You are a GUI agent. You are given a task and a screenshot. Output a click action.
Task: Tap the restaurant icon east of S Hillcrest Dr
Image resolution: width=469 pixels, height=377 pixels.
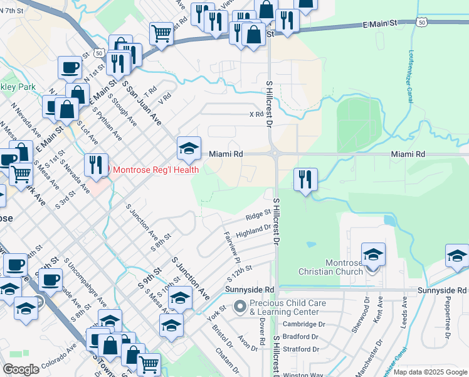click(305, 179)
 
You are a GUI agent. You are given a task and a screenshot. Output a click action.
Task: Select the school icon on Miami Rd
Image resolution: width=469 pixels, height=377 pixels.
click(189, 149)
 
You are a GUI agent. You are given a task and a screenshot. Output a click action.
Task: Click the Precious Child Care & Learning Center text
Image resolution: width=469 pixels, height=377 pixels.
click(287, 307)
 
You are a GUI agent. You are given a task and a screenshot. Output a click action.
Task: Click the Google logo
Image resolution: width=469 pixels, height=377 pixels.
click(21, 369)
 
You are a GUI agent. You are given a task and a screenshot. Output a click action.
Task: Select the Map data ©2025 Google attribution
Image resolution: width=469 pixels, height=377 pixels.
click(430, 372)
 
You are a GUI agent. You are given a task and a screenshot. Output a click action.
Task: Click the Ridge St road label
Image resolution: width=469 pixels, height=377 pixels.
click(258, 216)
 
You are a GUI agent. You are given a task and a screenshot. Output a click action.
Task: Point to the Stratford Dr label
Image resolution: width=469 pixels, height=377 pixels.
click(300, 349)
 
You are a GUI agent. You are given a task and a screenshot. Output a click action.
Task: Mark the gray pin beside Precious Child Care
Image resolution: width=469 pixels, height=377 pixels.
click(239, 307)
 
